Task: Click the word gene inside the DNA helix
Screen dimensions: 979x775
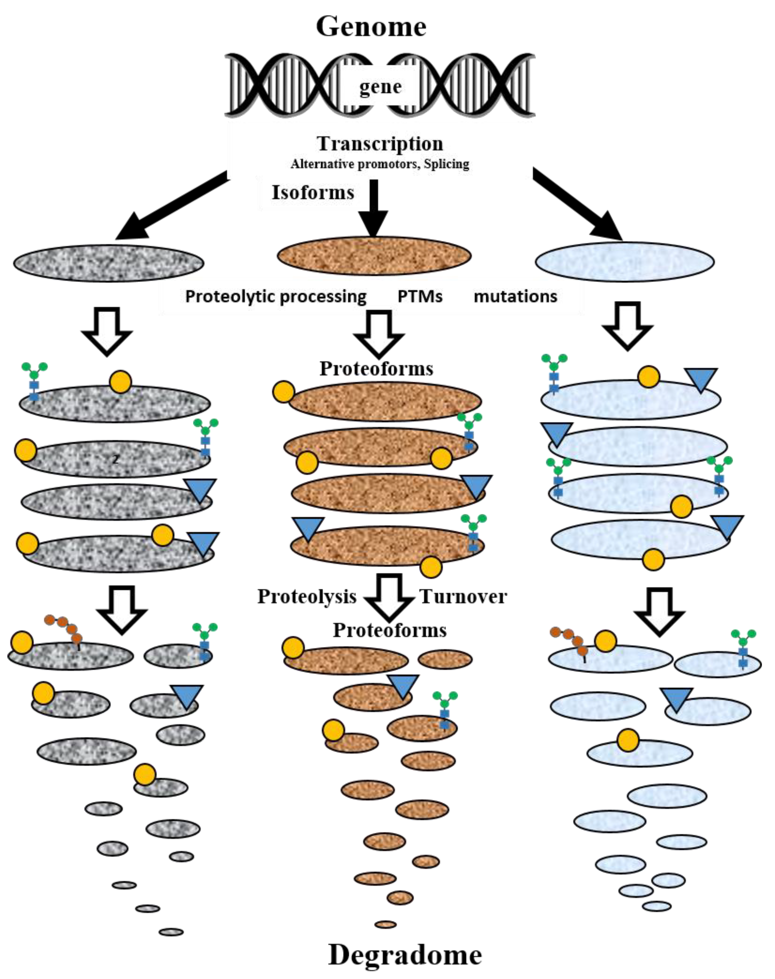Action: (x=380, y=87)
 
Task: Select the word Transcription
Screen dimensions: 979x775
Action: (x=380, y=144)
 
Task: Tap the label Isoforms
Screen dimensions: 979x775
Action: (x=313, y=192)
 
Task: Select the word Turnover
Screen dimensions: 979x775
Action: (x=463, y=596)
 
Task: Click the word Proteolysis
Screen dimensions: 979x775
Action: (x=307, y=596)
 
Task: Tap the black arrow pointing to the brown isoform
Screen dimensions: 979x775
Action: (x=373, y=209)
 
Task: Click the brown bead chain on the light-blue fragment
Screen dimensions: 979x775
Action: (x=568, y=637)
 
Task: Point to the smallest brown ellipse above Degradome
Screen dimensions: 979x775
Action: (x=385, y=924)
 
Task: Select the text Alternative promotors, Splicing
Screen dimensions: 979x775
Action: (x=380, y=164)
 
